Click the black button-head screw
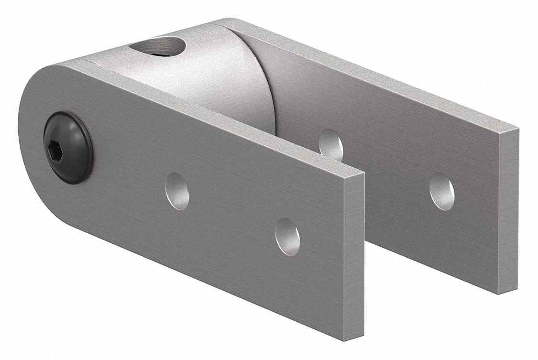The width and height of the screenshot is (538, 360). [68, 147]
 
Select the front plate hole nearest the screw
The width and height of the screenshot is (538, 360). [177, 191]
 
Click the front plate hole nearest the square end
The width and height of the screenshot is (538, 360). [287, 236]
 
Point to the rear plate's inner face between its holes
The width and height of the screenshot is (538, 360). [387, 167]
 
